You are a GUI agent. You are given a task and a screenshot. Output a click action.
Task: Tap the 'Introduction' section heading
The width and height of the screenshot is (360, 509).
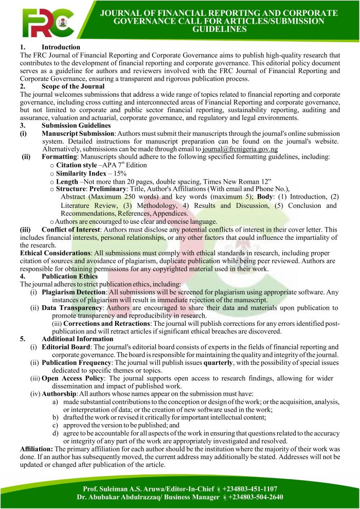click(x=61, y=47)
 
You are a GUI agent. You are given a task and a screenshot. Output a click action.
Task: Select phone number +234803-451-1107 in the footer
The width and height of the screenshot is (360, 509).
click(x=250, y=488)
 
